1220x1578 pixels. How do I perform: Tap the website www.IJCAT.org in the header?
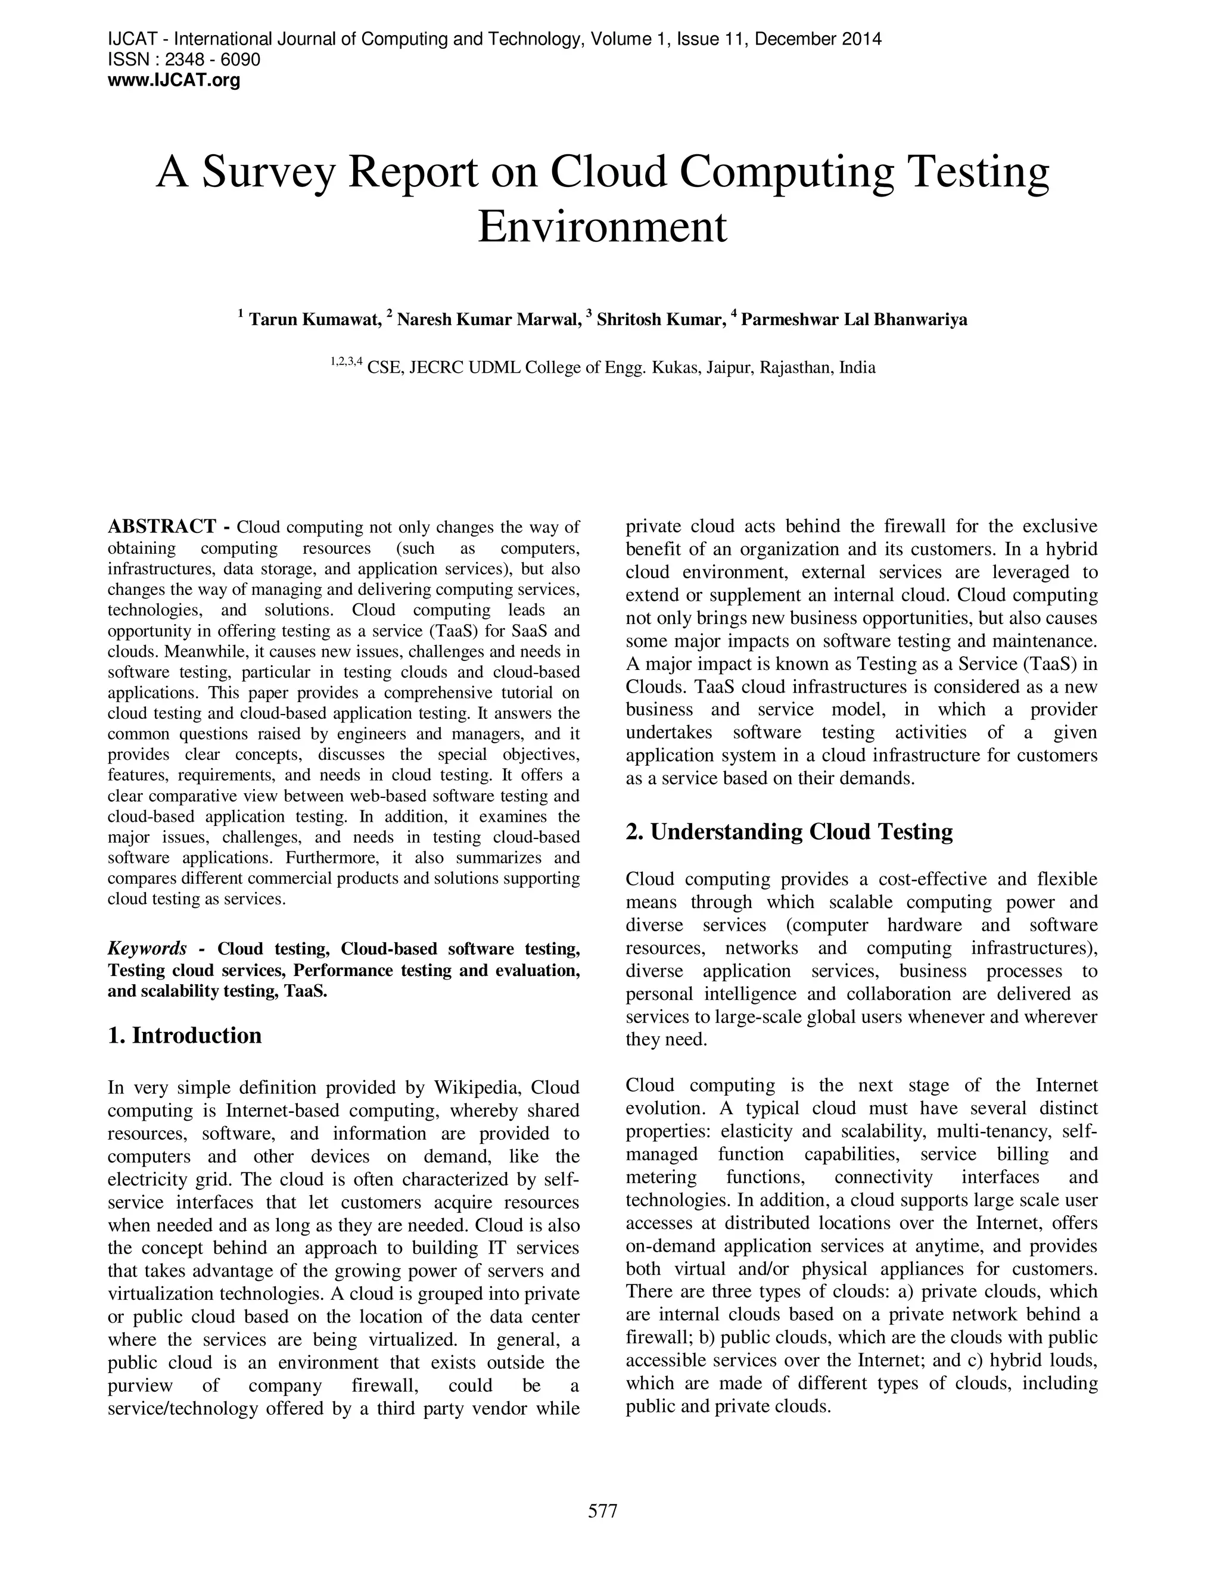point(173,80)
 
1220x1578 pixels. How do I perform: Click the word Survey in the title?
point(269,173)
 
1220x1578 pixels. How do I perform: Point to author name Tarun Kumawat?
point(315,319)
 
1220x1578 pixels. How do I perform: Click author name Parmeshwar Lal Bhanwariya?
point(854,319)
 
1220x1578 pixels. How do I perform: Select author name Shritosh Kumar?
point(661,319)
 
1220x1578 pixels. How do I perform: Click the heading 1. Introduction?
point(184,1035)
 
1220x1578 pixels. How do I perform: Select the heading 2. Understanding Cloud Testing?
point(789,832)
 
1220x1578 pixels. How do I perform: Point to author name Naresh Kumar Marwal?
point(488,319)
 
